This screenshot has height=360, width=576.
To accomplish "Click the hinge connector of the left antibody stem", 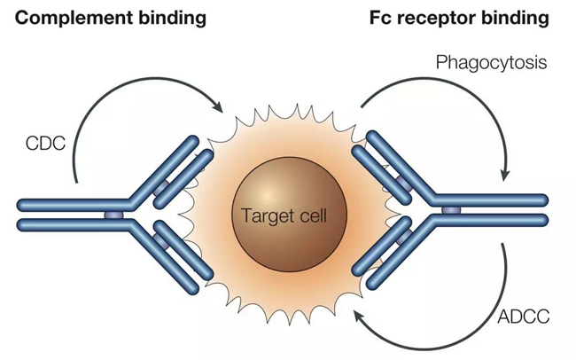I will (113, 214).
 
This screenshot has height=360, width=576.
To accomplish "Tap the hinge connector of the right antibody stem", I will (451, 210).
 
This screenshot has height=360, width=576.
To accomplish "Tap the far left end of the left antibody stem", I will (23, 214).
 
